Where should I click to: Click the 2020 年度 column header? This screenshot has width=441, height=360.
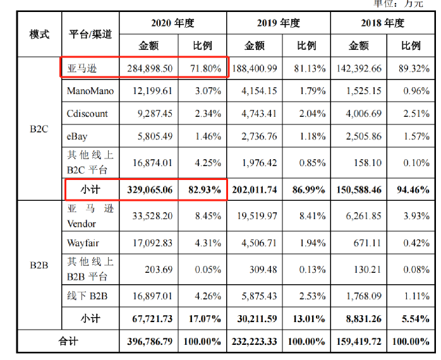172,23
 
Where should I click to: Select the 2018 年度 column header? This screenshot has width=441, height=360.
382,23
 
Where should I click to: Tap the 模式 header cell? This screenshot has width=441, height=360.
39,34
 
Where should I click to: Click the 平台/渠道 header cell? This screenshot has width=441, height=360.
90,34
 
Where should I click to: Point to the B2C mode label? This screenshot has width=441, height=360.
39,128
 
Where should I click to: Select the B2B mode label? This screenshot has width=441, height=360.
39,265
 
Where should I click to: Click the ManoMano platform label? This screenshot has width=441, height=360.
90,91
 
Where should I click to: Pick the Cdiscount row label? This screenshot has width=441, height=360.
87,114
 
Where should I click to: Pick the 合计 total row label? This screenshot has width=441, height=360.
68,342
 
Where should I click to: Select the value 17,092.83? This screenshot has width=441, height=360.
150,243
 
